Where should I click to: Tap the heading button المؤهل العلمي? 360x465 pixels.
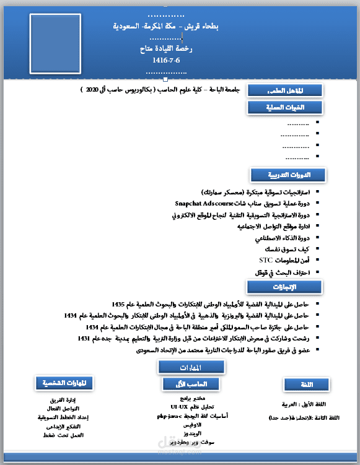pos(284,90)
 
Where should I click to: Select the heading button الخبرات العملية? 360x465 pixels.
pos(284,108)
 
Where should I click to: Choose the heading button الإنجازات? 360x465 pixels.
pos(284,287)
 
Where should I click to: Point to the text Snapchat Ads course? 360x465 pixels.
pos(204,203)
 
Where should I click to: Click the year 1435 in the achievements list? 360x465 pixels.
pos(119,305)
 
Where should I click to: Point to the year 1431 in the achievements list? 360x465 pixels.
pos(84,339)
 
